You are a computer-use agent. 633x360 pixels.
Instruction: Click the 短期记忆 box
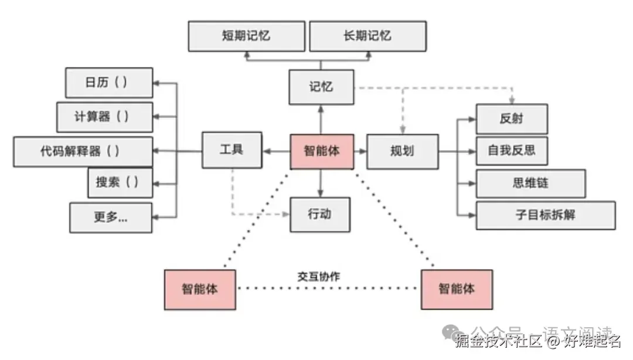tap(246, 36)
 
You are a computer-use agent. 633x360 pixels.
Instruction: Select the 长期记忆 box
tap(367, 36)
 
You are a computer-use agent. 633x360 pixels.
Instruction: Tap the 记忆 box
tap(321, 87)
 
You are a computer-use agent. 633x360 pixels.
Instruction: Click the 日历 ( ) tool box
tap(109, 83)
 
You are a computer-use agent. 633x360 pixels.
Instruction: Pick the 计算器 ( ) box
tap(104, 117)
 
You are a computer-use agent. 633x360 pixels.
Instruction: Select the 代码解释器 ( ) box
tap(83, 151)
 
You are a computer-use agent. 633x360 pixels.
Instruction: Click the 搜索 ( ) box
tap(120, 182)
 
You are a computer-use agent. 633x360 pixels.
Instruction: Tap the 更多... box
tap(111, 217)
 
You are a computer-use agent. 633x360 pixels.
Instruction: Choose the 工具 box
tap(232, 151)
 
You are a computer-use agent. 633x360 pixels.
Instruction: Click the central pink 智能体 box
tap(322, 151)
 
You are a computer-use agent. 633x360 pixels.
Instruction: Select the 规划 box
tap(402, 151)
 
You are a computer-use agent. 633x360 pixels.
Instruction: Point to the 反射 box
tap(512, 119)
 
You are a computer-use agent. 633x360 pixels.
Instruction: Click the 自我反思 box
tap(512, 151)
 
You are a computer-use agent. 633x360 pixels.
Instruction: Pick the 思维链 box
tap(530, 184)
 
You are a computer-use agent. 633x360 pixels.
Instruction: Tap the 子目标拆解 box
tap(545, 215)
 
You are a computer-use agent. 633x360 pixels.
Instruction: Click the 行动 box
tap(320, 214)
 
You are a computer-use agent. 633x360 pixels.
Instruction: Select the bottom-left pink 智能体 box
tap(200, 289)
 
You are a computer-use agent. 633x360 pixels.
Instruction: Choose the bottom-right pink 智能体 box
tap(457, 289)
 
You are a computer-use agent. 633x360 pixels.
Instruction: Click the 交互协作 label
tap(318, 276)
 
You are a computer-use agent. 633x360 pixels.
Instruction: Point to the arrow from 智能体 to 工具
tap(276, 152)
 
